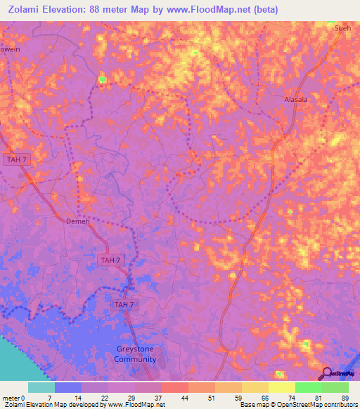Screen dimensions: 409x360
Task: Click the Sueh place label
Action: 342,28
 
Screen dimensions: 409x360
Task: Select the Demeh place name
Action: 78,221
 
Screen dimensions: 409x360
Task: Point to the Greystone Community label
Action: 135,353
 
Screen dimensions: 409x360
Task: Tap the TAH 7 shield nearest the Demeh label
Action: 110,259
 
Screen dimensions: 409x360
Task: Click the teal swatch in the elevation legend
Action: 41,387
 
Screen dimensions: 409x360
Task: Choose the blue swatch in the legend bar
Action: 68,387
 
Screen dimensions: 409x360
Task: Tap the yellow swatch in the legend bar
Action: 282,387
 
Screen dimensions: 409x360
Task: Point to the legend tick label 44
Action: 184,397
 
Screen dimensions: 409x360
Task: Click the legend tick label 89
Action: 345,397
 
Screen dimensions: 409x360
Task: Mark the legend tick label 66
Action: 264,397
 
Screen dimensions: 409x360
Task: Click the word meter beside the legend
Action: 10,397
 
